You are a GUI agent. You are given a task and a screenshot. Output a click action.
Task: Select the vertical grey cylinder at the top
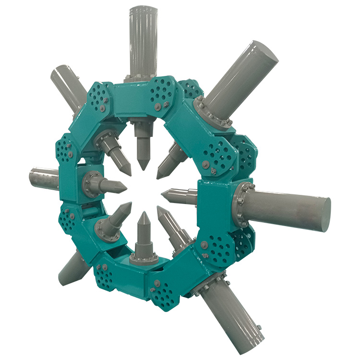coord(143,38)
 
